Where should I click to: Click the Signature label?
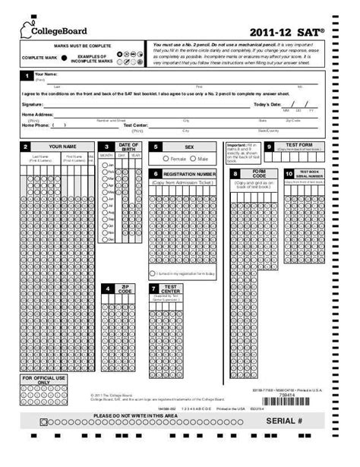coord(33,104)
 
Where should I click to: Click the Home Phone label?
coord(36,125)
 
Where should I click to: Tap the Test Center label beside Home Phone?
coord(135,125)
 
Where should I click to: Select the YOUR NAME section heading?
coord(63,146)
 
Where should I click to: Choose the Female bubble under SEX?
coord(167,159)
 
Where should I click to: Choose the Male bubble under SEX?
coord(194,159)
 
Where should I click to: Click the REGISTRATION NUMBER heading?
coord(185,174)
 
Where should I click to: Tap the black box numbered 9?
coord(269,146)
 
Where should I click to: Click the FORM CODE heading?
coord(258,174)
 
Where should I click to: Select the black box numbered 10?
coord(289,174)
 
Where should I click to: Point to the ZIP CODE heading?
coord(125,289)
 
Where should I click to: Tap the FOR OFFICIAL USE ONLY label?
coord(44,380)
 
